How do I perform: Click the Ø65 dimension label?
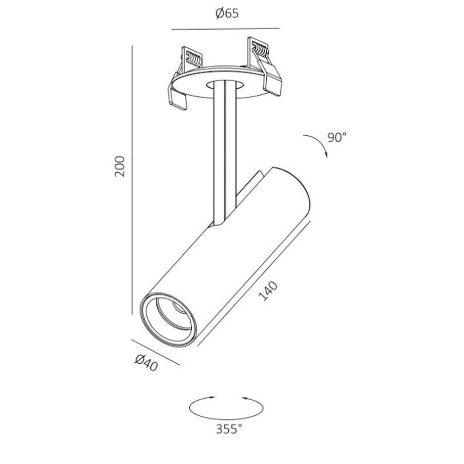pyautogui.click(x=227, y=13)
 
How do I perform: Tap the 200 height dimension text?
pyautogui.click(x=120, y=166)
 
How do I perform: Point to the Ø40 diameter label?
pyautogui.click(x=146, y=362)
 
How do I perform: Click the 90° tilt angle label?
pyautogui.click(x=337, y=137)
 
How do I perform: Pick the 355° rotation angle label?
pyautogui.click(x=229, y=429)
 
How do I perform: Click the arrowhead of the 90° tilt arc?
pyautogui.click(x=326, y=155)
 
